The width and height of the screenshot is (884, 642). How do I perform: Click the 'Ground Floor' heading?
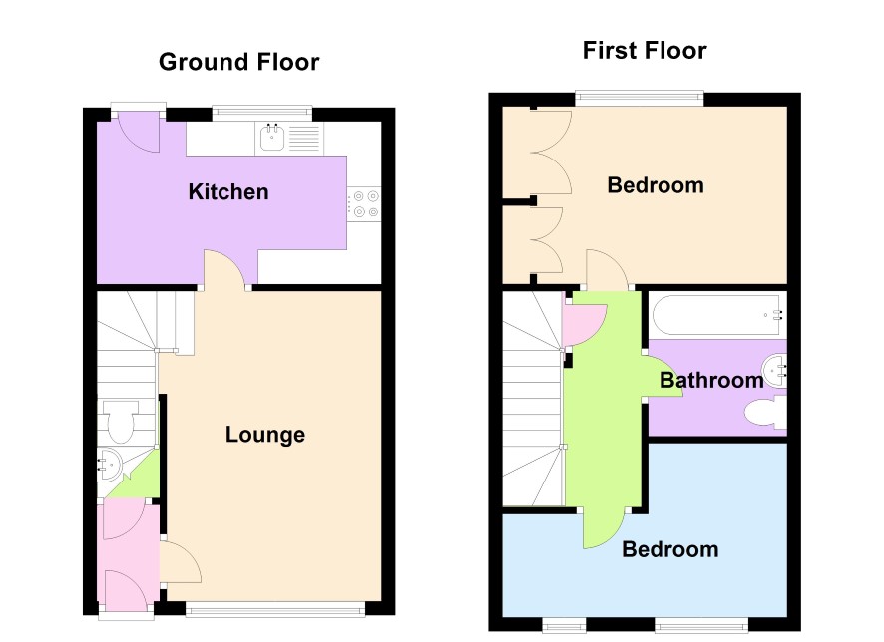[239, 62]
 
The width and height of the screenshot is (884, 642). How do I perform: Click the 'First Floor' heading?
[645, 50]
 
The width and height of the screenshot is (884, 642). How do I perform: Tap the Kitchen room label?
[228, 192]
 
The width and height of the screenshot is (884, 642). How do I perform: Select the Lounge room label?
[265, 435]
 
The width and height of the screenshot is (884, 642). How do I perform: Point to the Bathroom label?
[711, 380]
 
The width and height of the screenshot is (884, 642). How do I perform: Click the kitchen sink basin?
[272, 137]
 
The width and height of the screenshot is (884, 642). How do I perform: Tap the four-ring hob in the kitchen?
[364, 203]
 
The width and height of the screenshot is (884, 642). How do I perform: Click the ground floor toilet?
[119, 421]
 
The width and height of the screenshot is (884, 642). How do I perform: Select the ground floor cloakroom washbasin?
[110, 465]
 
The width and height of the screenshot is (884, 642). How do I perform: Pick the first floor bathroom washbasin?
[774, 371]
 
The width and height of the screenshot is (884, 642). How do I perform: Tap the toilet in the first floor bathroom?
[765, 413]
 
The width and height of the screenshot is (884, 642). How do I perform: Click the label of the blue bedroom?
[669, 549]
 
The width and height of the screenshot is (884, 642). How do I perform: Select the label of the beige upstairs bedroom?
[656, 185]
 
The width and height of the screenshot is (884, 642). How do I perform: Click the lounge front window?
[275, 609]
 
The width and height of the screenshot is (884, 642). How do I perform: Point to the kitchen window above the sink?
[261, 113]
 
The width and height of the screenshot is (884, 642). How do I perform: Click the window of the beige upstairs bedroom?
[640, 99]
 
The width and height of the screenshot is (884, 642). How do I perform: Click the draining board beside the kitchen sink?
[304, 138]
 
